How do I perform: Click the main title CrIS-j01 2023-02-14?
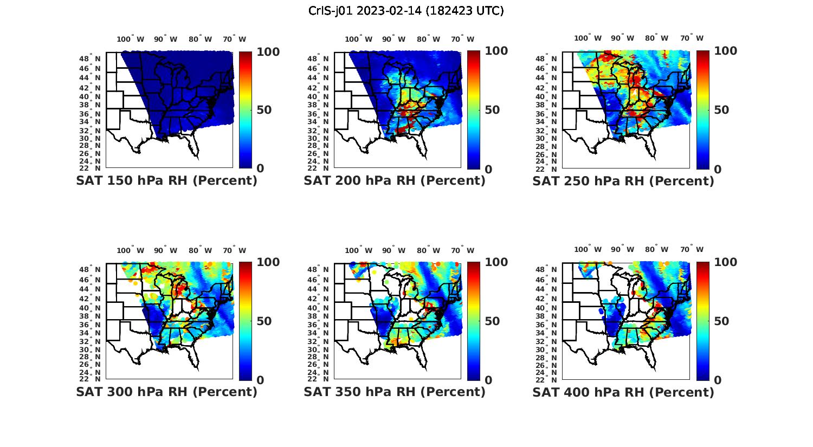tap(406, 11)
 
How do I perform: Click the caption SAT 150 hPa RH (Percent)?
tap(166, 181)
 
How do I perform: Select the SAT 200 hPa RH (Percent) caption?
tap(395, 181)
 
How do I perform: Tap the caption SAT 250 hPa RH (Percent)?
tap(623, 181)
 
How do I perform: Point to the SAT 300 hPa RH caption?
tap(166, 392)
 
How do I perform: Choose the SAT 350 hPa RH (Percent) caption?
tap(395, 392)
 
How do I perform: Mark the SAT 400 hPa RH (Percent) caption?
tap(623, 392)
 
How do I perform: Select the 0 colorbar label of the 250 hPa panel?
tap(718, 169)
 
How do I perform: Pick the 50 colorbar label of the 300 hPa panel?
tap(264, 321)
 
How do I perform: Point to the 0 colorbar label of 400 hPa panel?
tap(718, 380)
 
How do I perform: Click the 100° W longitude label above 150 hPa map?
tap(130, 39)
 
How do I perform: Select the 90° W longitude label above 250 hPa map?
tap(622, 38)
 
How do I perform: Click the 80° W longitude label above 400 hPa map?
tap(656, 249)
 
